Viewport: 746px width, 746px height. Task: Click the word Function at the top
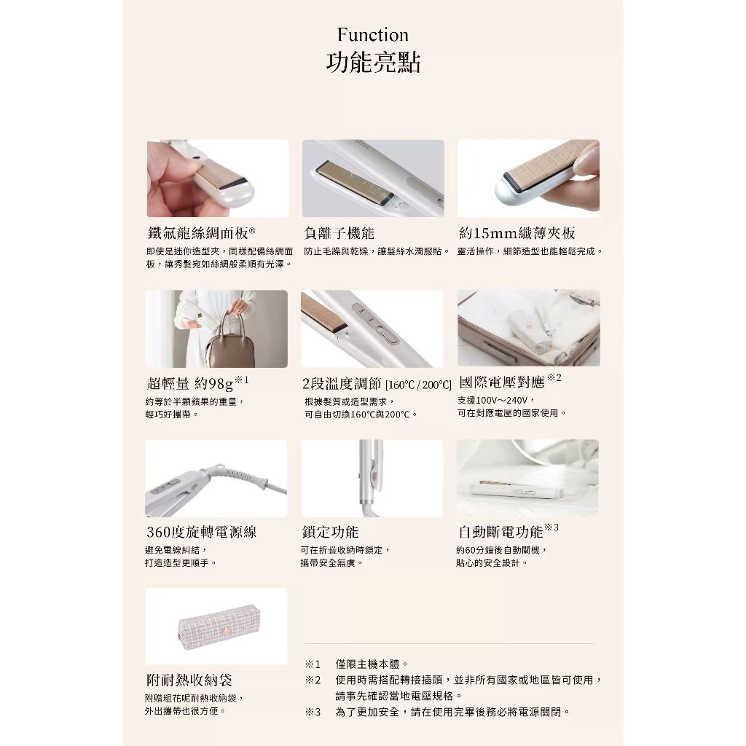[372, 35]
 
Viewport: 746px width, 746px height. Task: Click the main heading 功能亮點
[374, 63]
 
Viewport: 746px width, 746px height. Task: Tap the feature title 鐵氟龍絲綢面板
[198, 233]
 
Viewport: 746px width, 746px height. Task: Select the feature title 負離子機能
[339, 233]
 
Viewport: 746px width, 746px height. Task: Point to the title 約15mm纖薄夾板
[517, 233]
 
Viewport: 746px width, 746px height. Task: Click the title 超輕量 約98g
[190, 383]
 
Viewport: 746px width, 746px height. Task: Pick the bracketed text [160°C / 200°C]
[418, 385]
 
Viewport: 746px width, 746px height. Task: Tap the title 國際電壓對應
[502, 382]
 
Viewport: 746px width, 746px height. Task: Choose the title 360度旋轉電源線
[202, 532]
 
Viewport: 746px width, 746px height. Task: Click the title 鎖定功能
[330, 532]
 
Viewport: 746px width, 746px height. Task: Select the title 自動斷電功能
[501, 531]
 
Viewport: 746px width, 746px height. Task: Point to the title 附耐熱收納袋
[189, 680]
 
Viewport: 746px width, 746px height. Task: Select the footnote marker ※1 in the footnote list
[313, 664]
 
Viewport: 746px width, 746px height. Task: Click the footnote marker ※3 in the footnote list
[313, 712]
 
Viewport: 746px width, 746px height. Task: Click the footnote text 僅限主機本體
[369, 664]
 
